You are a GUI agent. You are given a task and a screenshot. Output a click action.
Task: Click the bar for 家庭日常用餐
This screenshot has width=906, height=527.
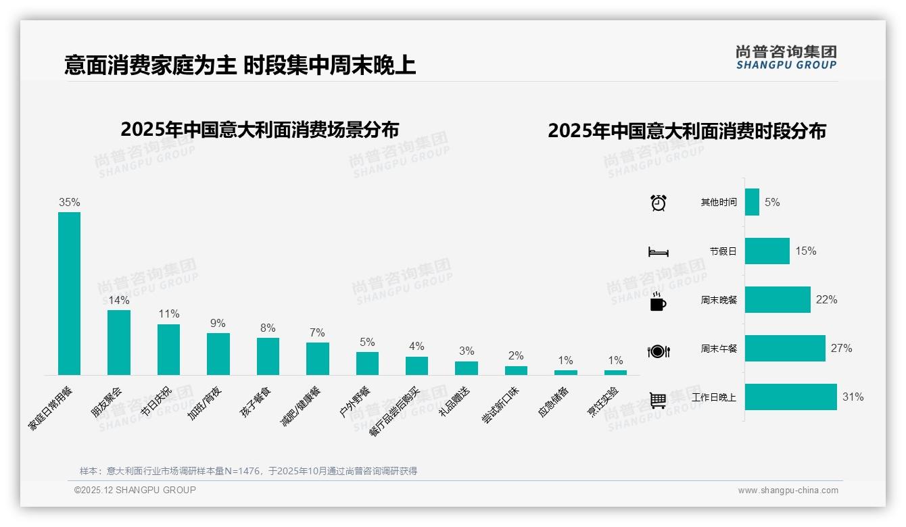[x=69, y=293]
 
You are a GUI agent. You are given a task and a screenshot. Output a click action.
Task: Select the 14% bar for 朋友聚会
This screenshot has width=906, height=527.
[x=119, y=342]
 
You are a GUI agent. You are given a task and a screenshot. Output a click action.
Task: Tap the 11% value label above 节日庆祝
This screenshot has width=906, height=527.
[x=168, y=314]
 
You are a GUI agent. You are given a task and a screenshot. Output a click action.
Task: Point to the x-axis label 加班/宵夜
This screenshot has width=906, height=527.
[x=204, y=403]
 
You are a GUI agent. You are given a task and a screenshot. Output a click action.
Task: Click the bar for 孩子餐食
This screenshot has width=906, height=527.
[x=268, y=356]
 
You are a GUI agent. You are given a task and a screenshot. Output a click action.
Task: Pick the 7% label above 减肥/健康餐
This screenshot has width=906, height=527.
[x=317, y=332]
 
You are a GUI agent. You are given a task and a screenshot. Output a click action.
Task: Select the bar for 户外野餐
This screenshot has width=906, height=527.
[x=367, y=363]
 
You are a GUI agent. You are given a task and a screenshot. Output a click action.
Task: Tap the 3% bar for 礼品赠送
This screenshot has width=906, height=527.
[x=466, y=368]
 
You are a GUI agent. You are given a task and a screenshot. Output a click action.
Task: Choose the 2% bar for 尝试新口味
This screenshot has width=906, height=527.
[x=516, y=370]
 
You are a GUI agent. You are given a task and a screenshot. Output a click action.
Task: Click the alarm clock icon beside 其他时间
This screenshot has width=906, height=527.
[x=658, y=202]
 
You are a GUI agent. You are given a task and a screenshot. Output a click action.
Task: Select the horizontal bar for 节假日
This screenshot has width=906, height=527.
[x=767, y=251]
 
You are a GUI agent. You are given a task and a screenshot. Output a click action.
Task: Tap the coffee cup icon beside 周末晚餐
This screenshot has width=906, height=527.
[x=658, y=301]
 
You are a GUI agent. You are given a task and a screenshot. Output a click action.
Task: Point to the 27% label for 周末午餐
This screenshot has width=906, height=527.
[x=842, y=349]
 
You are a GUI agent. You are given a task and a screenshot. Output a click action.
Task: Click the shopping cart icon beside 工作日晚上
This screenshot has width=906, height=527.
[x=658, y=400]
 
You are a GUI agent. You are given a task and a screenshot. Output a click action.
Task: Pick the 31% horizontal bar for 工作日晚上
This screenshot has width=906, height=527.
[x=791, y=397]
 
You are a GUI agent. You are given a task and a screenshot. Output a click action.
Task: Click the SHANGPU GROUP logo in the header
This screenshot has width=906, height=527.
[x=786, y=57]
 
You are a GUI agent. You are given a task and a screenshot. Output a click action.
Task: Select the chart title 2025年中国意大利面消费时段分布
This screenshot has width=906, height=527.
[x=687, y=131]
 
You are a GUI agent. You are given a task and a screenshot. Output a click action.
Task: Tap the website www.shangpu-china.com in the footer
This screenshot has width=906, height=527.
[x=788, y=491]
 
